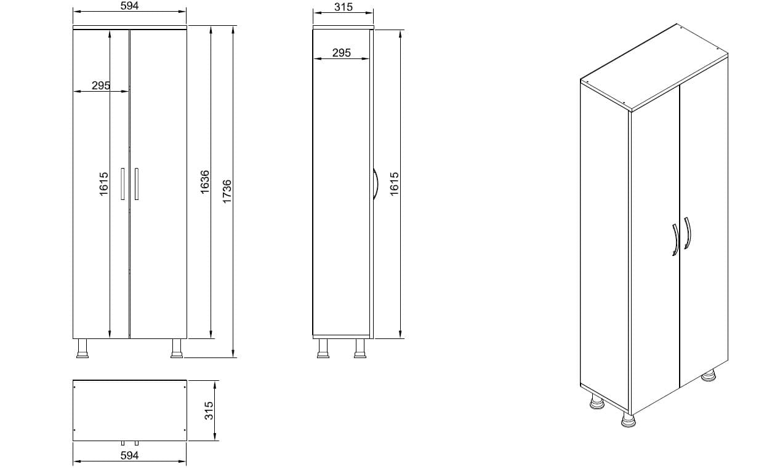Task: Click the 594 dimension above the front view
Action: [129, 6]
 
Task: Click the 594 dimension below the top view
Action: [129, 455]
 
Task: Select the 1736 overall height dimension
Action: [227, 191]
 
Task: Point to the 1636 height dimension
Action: [206, 183]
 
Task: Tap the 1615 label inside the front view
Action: [103, 184]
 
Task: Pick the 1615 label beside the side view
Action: [395, 184]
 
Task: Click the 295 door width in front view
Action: [101, 86]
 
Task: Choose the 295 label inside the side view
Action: [341, 53]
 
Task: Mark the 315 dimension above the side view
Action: [343, 7]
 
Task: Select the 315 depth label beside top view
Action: [209, 410]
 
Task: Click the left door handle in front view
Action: [123, 183]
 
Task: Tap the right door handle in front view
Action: [136, 183]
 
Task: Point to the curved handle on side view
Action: [374, 184]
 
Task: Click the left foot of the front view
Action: [81, 348]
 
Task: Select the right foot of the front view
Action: [177, 348]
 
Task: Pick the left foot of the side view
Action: [323, 348]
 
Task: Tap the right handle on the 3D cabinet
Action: [688, 233]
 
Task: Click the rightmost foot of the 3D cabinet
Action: [709, 375]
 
